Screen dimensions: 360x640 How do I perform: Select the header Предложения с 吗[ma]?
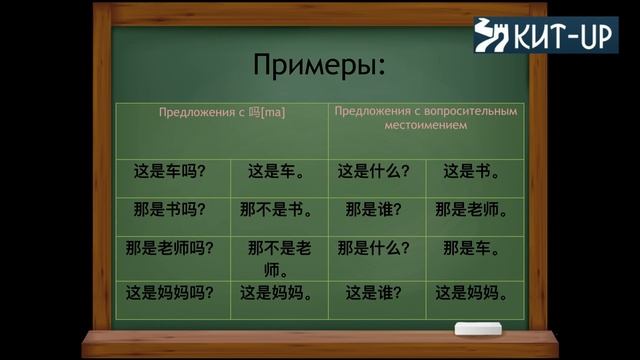[222, 113]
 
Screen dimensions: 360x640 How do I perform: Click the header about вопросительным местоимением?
[427, 119]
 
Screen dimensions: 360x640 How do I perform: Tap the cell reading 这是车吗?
[170, 171]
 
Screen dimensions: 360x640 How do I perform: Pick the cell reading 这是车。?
[278, 171]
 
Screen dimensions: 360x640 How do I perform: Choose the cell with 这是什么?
[374, 171]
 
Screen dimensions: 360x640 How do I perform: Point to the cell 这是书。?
[473, 171]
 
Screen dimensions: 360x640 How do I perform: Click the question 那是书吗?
[170, 210]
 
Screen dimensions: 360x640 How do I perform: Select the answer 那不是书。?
[278, 210]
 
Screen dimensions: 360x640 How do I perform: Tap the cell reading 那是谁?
[374, 210]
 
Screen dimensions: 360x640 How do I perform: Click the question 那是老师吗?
[170, 249]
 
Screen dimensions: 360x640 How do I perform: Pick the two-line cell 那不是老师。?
[278, 259]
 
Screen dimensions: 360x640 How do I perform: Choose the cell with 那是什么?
[374, 249]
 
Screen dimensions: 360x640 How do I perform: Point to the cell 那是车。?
[473, 249]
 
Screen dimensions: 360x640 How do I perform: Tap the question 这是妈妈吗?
[170, 293]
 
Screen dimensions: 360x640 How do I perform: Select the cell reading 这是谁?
[374, 293]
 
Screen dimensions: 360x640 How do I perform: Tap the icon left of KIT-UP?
[491, 35]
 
